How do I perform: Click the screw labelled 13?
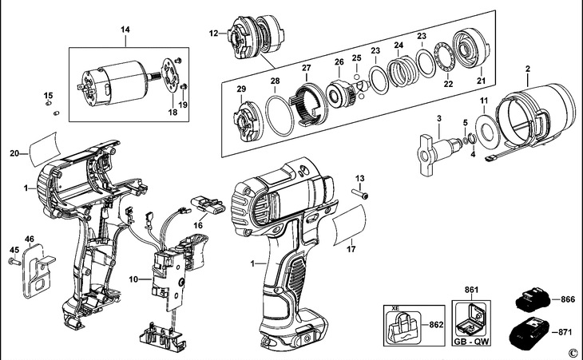click(x=360, y=193)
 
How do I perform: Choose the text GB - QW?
click(x=472, y=341)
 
